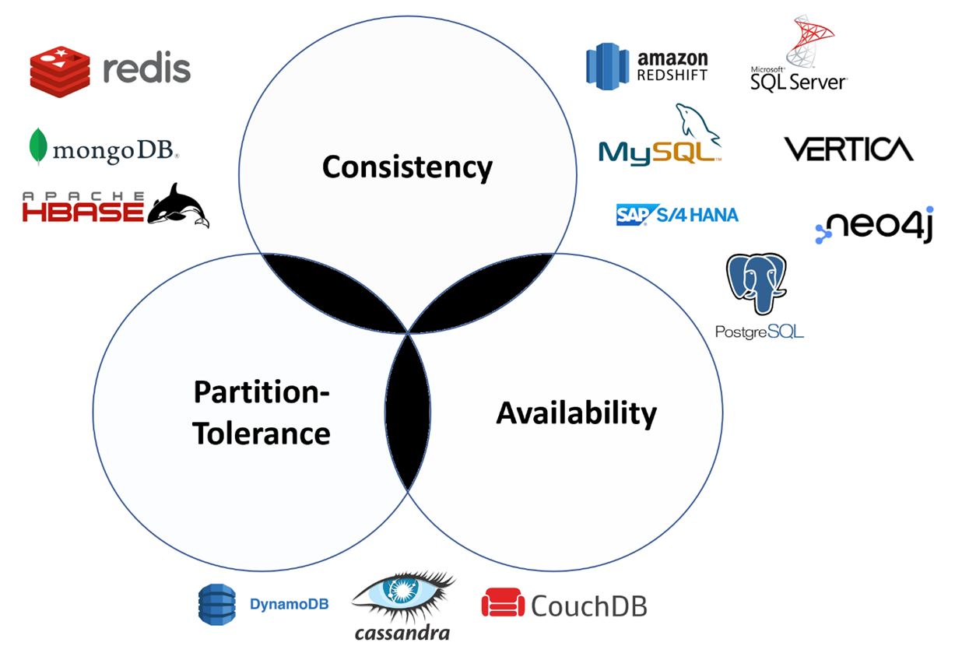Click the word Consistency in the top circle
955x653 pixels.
coord(407,167)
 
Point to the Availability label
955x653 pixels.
coord(577,413)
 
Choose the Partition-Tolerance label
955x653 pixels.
coord(262,413)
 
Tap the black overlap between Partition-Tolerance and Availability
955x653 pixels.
coord(408,410)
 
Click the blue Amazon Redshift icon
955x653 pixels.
coord(606,66)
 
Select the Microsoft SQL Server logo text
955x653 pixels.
coord(798,79)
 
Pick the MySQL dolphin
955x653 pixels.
coord(697,125)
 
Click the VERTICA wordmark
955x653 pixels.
coord(848,149)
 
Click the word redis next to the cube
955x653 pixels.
coord(146,69)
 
